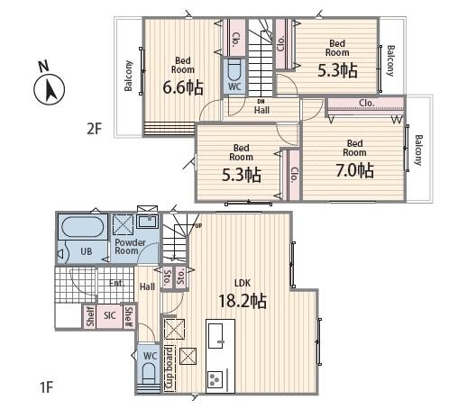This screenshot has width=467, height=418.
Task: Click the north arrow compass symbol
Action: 50,89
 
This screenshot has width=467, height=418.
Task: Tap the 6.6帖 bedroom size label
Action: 183,87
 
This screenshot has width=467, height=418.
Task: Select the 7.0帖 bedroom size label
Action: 355,170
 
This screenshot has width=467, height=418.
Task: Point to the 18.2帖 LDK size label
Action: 243,301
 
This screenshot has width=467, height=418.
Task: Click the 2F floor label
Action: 95,129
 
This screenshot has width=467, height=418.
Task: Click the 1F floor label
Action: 47,387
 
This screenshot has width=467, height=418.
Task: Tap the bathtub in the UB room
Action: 83,227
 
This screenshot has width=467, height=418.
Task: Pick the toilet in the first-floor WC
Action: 150,374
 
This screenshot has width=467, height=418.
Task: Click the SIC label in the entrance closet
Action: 109,315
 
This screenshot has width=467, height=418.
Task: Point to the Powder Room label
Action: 130,247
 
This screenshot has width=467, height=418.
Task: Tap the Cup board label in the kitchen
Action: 169,368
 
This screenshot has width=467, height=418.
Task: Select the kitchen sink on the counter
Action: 215,336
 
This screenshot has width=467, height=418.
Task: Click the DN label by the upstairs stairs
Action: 261,102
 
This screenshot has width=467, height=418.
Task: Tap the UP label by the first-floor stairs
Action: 198,226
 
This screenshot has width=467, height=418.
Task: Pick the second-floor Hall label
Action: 261,110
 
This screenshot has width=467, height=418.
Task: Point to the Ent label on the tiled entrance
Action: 115,283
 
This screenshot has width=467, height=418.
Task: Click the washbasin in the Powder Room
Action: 148,222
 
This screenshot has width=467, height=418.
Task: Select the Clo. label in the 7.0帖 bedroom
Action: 367,103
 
